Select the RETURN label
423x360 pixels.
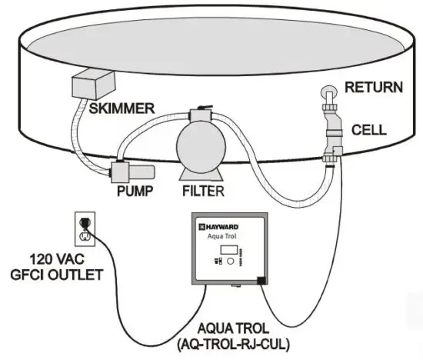pyautogui.click(x=374, y=87)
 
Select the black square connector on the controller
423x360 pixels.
pyautogui.click(x=262, y=280)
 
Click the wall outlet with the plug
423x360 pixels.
pyautogui.click(x=84, y=227)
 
